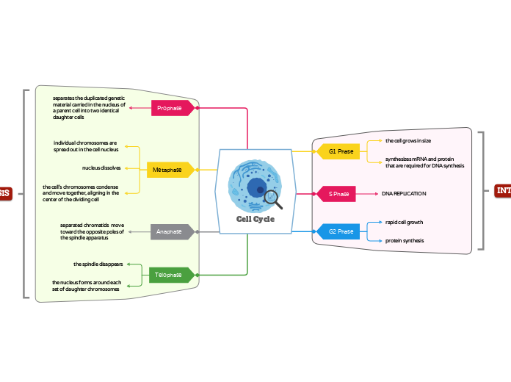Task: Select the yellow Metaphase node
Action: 167,170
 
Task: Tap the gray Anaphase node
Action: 170,231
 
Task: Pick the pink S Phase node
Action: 338,194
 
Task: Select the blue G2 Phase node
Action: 340,231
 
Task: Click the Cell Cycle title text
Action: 255,219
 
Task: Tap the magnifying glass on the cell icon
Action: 272,197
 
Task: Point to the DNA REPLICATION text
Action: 404,194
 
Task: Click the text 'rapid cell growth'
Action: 404,222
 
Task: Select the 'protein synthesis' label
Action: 405,241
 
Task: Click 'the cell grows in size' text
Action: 408,140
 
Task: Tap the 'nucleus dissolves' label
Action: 101,168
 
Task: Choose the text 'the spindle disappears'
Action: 98,264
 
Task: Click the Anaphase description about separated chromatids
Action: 92,231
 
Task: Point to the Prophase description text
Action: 89,107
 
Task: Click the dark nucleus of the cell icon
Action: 255,189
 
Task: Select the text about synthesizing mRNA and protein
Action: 424,162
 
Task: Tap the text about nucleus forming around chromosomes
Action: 86,286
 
